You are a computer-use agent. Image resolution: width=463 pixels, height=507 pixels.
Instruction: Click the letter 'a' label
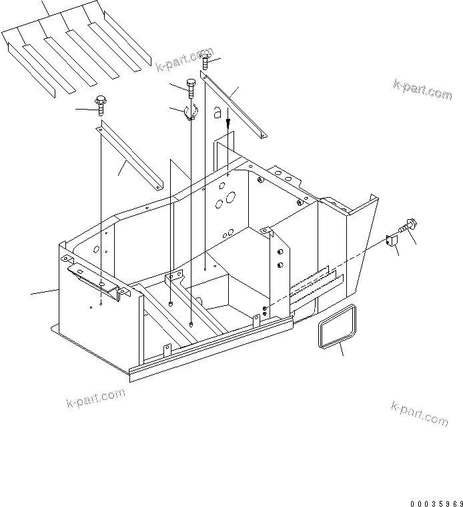(217, 114)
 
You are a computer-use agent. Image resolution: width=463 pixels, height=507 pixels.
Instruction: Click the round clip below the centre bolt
(191, 113)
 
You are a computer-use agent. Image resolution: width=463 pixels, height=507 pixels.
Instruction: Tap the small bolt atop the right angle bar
(205, 61)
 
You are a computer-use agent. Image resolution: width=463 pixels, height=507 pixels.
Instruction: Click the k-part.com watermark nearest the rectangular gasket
(419, 413)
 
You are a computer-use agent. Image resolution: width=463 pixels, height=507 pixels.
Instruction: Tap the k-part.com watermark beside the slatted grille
(184, 58)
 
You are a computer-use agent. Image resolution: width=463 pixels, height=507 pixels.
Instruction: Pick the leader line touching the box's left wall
(44, 291)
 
